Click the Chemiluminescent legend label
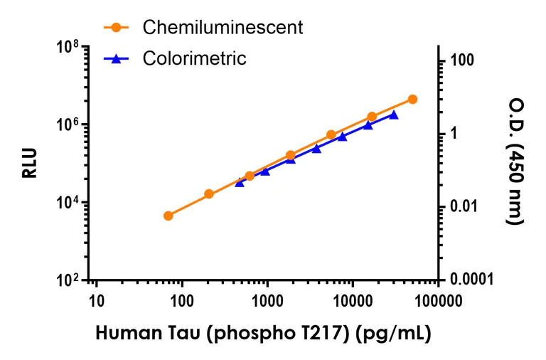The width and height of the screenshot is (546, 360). point(223,28)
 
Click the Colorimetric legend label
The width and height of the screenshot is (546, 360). point(194,58)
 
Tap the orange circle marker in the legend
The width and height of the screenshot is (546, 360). point(117,28)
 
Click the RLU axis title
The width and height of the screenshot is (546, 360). point(29,163)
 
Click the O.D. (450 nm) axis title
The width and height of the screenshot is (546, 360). point(515,163)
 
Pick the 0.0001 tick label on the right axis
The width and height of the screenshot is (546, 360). point(470,280)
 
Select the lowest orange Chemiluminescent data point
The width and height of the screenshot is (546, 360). point(168,216)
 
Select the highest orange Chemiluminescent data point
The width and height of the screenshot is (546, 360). point(412,100)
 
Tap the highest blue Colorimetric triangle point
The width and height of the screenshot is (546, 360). point(394,115)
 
